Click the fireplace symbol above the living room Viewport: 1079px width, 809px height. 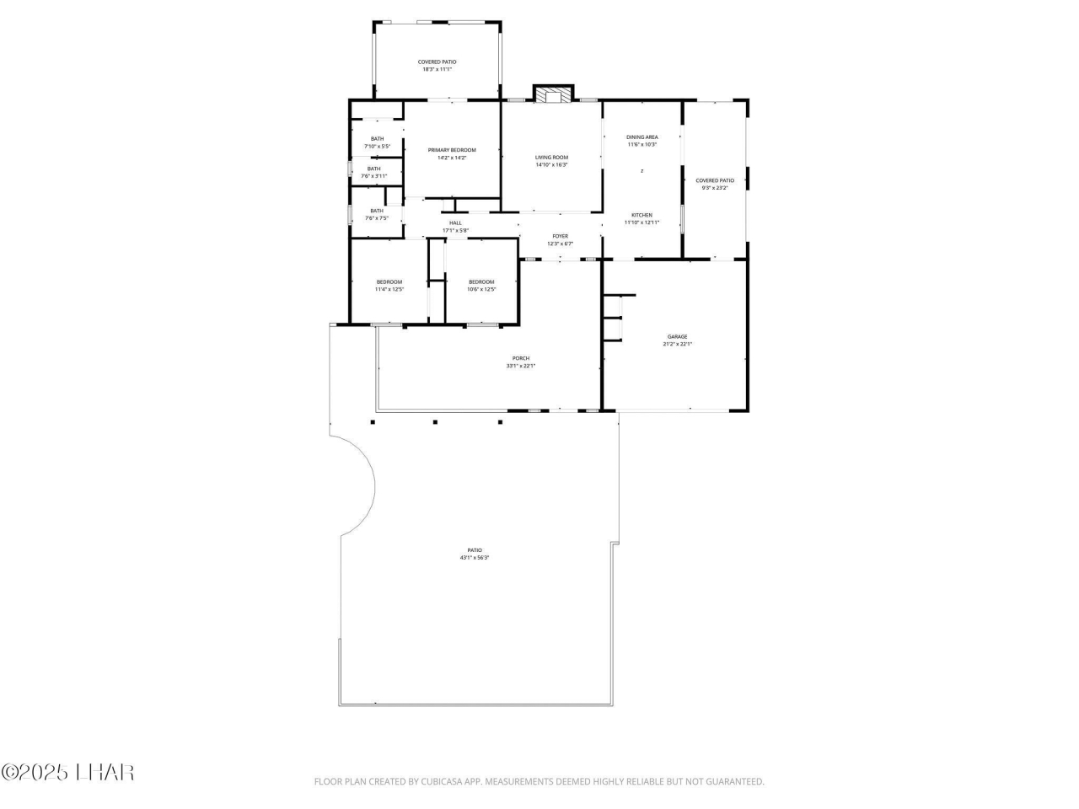click(553, 94)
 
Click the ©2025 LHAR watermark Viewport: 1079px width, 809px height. click(67, 772)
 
